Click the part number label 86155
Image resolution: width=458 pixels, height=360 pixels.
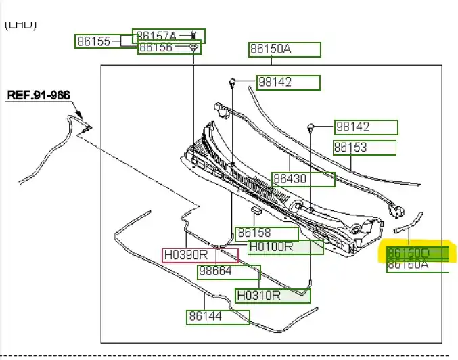point(93,41)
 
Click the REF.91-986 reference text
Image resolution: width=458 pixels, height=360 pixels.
point(39,95)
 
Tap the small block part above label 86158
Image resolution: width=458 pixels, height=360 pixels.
point(256,212)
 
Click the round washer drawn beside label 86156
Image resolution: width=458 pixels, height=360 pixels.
point(193,47)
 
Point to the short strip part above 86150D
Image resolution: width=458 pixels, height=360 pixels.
point(409,223)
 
